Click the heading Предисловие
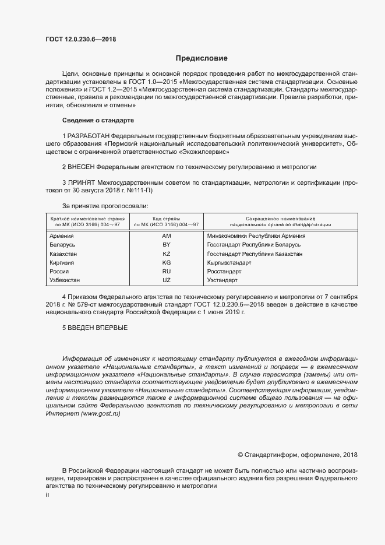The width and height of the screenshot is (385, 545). (202, 58)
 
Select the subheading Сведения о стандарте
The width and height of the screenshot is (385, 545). (98, 119)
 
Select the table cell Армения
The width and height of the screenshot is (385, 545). (62, 236)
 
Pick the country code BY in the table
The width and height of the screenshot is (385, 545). (166, 245)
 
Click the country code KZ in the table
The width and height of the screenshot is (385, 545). (166, 254)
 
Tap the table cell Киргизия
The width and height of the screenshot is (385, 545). (63, 263)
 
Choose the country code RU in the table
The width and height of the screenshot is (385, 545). (166, 272)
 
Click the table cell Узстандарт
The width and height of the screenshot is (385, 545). (222, 280)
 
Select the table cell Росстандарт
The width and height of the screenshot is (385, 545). (224, 272)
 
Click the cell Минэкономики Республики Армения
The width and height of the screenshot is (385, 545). (256, 236)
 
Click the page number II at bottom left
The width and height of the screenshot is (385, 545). (47, 494)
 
